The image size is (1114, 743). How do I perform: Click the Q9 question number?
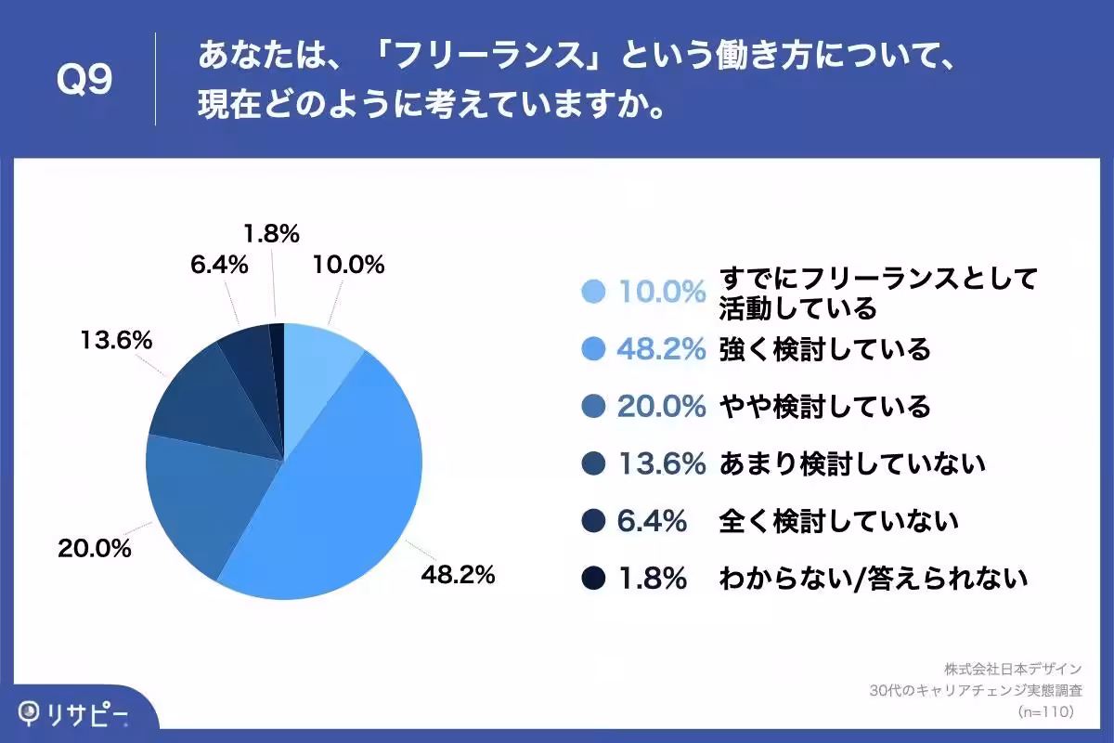(84, 81)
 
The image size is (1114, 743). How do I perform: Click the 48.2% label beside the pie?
(458, 575)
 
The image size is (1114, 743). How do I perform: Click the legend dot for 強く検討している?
(593, 349)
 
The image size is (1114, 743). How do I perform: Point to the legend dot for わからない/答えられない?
(593, 579)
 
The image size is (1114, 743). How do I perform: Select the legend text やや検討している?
(824, 407)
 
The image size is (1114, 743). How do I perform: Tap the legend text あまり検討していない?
(851, 464)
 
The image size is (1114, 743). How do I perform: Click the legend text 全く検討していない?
(838, 522)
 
